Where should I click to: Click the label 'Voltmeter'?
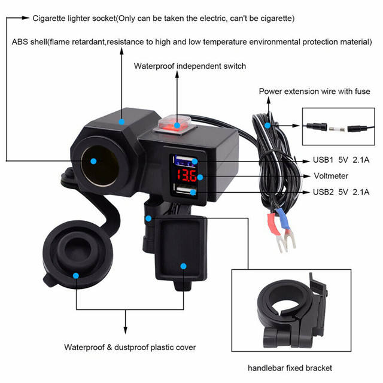[x=331, y=177]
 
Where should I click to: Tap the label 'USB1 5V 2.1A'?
[x=342, y=160]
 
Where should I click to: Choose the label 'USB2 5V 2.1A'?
[x=342, y=192]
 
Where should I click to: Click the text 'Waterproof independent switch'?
[x=189, y=66]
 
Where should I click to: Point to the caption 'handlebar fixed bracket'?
[x=290, y=367]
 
